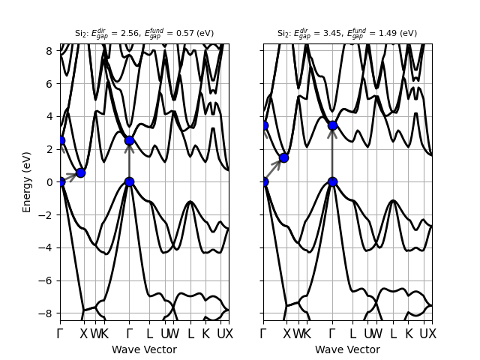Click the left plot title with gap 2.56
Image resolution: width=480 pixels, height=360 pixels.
(x=144, y=33)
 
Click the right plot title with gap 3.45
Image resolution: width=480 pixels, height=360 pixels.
(x=347, y=33)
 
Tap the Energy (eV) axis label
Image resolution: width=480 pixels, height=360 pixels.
(x=27, y=182)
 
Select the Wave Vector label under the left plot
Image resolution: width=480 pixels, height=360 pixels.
(x=144, y=349)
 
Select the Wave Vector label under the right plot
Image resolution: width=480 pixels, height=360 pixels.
(x=347, y=349)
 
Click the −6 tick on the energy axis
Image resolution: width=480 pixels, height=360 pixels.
(x=48, y=280)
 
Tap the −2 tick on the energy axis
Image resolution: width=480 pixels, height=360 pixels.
(x=48, y=214)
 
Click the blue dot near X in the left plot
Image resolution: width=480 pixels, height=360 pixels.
(x=80, y=173)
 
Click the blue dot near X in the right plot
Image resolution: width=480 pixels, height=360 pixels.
(x=283, y=158)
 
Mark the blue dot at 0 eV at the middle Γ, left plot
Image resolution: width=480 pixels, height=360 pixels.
(x=129, y=181)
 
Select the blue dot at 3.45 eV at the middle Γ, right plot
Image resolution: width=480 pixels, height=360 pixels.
(x=332, y=125)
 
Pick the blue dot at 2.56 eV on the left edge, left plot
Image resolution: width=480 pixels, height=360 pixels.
(x=60, y=140)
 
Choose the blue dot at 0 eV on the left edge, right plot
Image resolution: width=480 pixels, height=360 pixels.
(x=263, y=181)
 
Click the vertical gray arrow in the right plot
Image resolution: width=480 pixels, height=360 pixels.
(x=332, y=154)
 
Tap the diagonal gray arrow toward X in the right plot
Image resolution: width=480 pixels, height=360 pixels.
(x=273, y=170)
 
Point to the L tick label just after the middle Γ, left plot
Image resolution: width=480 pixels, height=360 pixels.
(x=149, y=334)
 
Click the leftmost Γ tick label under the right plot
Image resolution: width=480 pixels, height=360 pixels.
(x=263, y=334)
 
